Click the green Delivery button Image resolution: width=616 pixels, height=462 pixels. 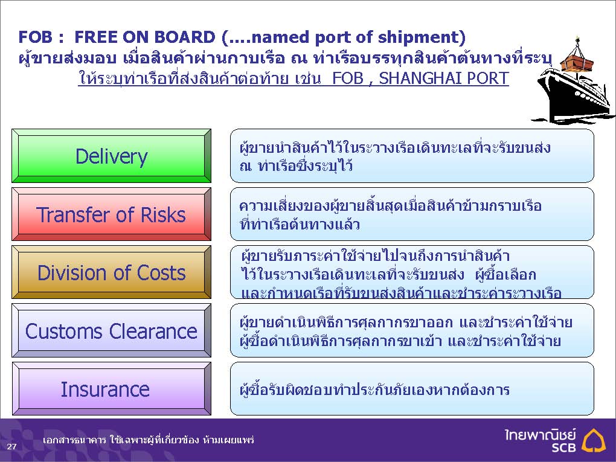pyautogui.click(x=112, y=156)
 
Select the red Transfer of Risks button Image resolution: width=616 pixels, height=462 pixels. pyautogui.click(x=112, y=214)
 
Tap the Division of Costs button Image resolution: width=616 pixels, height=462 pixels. pyautogui.click(x=112, y=272)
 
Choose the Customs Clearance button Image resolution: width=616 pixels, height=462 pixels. pyautogui.click(x=112, y=330)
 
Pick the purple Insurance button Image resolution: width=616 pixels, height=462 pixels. pyautogui.click(x=112, y=388)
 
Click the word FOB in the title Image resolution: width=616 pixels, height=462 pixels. pyautogui.click(x=35, y=37)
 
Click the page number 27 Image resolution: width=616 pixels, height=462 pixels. pyautogui.click(x=12, y=446)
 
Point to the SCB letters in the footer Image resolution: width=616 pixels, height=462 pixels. pyautogui.click(x=563, y=447)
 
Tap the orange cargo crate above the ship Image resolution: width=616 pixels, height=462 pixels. pyautogui.click(x=576, y=60)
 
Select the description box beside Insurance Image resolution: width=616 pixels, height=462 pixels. pyautogui.click(x=412, y=388)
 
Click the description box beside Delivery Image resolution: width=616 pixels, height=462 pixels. pyautogui.click(x=412, y=156)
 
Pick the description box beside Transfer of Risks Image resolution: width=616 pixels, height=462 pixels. pyautogui.click(x=412, y=214)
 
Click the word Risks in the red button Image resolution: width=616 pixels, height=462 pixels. pyautogui.click(x=162, y=215)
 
